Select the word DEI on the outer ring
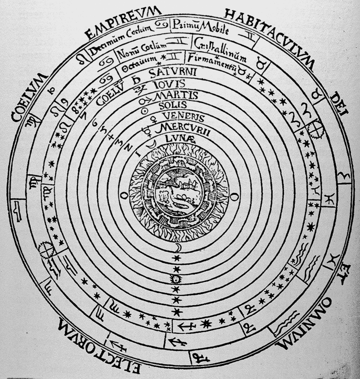340,106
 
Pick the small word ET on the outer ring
342,273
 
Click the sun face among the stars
177,279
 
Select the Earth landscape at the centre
177,195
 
